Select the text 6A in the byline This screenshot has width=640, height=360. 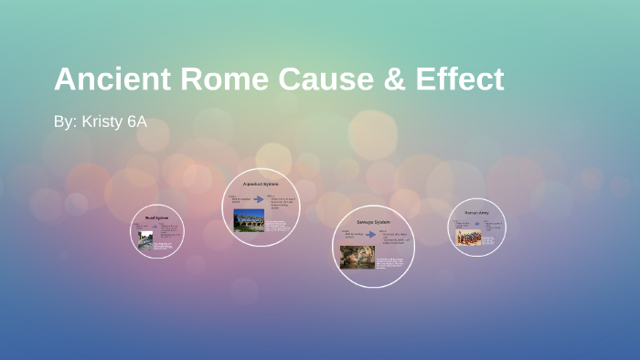136,122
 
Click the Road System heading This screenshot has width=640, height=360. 157,218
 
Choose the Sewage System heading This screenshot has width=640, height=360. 373,222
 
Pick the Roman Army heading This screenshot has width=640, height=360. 476,212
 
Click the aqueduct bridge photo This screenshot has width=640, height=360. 249,220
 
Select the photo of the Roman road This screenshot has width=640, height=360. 145,239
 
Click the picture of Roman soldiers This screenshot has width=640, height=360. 468,237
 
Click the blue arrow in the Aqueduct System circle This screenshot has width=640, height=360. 260,198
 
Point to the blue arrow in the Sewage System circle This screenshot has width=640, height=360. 371,235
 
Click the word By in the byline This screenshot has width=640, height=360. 64,122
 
